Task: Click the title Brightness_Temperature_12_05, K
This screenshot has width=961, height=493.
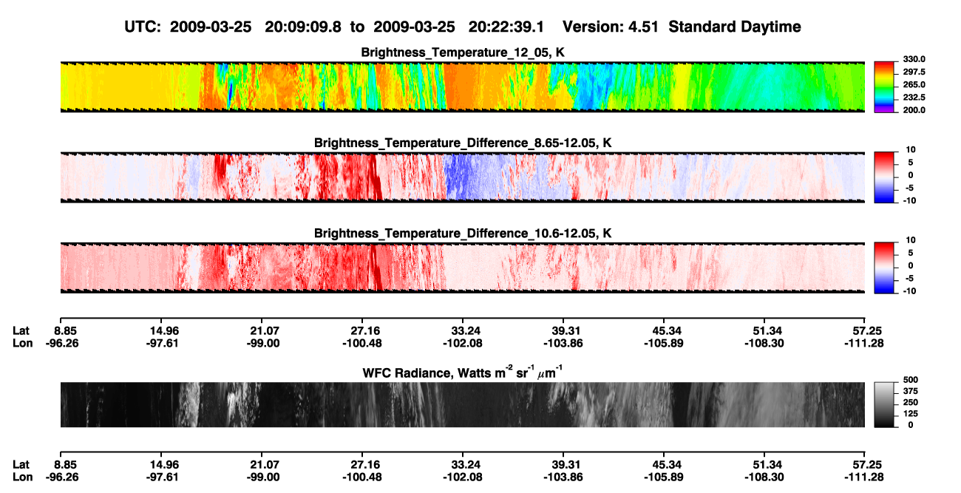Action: pyautogui.click(x=463, y=52)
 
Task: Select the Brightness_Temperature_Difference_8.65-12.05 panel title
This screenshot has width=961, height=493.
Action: pyautogui.click(x=463, y=143)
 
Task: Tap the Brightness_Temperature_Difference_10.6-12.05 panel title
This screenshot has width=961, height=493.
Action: pyautogui.click(x=463, y=234)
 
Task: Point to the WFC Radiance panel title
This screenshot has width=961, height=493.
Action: pyautogui.click(x=463, y=373)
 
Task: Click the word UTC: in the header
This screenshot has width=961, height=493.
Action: pyautogui.click(x=143, y=27)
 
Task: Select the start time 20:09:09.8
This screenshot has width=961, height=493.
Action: pyautogui.click(x=303, y=27)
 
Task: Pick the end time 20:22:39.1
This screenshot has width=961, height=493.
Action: pyautogui.click(x=506, y=27)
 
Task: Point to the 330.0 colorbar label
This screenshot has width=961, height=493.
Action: pyautogui.click(x=914, y=59)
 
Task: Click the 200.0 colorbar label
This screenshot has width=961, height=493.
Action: pyautogui.click(x=914, y=110)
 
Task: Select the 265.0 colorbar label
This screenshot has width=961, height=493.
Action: pyautogui.click(x=914, y=84)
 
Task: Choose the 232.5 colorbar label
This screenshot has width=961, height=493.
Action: pyautogui.click(x=914, y=98)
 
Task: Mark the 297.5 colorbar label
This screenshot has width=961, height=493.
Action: pyautogui.click(x=914, y=72)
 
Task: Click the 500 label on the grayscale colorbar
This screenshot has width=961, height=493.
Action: pyautogui.click(x=911, y=380)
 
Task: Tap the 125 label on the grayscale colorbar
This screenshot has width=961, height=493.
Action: pyautogui.click(x=911, y=414)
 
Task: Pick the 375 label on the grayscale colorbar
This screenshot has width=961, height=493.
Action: pyautogui.click(x=911, y=391)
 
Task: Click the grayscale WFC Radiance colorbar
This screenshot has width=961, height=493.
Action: pyautogui.click(x=884, y=404)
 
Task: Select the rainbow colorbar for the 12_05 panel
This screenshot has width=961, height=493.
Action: pyautogui.click(x=884, y=87)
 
